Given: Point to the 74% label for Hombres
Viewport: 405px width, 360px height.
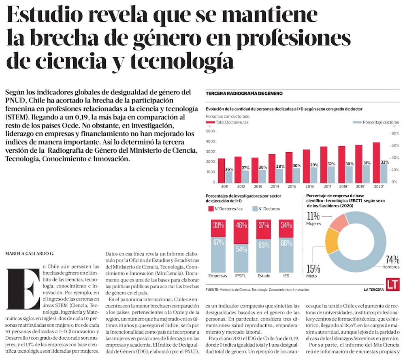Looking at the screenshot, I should coord(392,259).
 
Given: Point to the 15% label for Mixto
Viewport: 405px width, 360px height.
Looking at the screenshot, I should coord(313,268).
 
